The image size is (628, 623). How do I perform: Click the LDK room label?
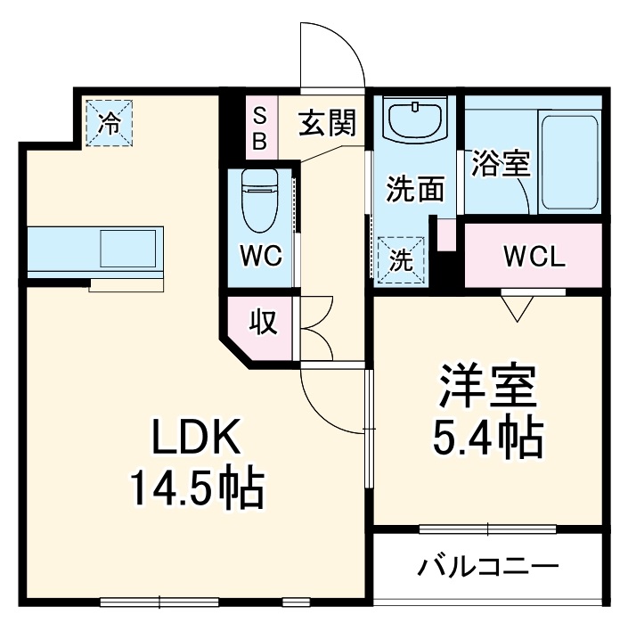click(x=195, y=439)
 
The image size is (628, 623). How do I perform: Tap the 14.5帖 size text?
click(x=197, y=488)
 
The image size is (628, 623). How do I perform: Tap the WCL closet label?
click(x=534, y=258)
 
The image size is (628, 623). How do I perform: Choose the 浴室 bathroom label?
click(x=500, y=164)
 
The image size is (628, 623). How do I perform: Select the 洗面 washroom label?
click(x=414, y=189)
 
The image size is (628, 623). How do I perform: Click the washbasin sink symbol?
click(x=415, y=119)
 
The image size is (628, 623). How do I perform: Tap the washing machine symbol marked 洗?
click(x=403, y=260)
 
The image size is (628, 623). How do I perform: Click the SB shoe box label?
click(x=260, y=127)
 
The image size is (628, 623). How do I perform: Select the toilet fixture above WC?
click(x=262, y=199)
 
